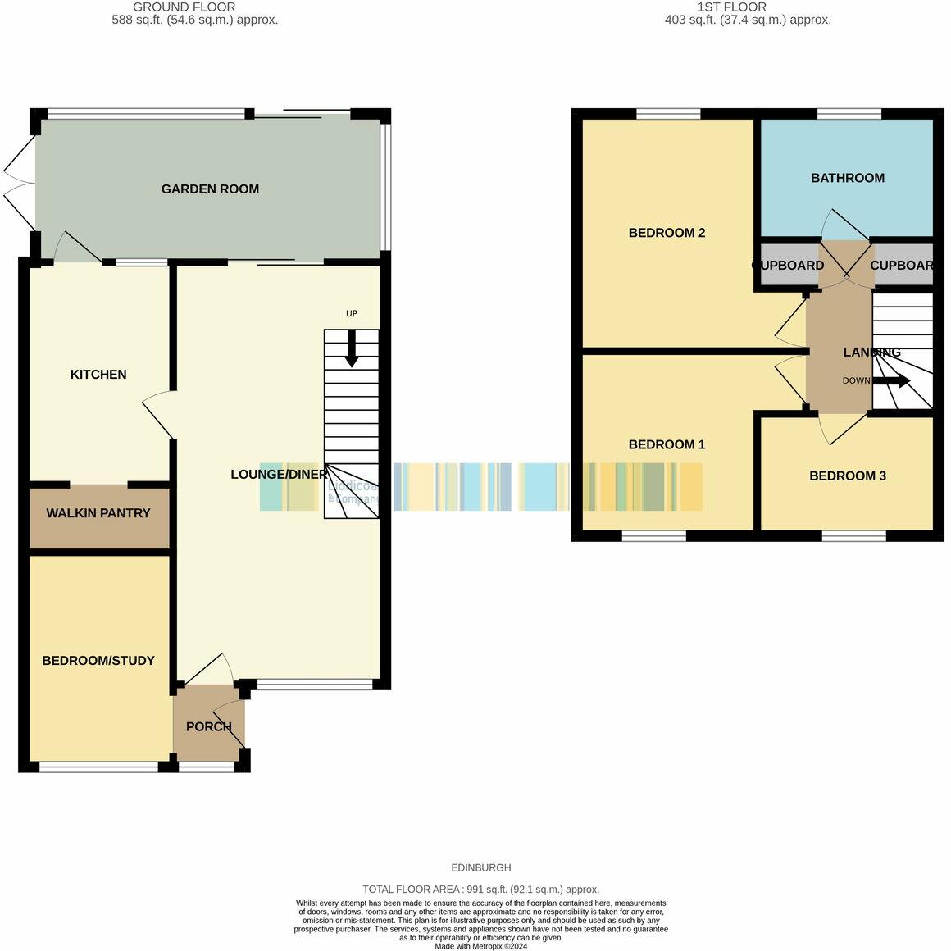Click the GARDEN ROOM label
click(x=210, y=189)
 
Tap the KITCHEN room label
click(x=98, y=375)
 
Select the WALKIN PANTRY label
click(x=98, y=513)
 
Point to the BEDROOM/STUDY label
click(x=98, y=661)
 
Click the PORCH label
click(x=209, y=726)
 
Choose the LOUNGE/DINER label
click(x=279, y=475)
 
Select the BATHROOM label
click(x=847, y=178)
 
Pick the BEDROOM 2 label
click(x=667, y=233)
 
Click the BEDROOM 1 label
click(x=667, y=444)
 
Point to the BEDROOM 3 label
click(x=847, y=476)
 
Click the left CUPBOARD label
click(x=789, y=266)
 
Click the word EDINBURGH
click(x=480, y=867)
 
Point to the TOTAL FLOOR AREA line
click(x=480, y=890)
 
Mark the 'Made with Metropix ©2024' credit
click(x=480, y=946)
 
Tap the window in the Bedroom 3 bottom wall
click(x=854, y=536)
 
